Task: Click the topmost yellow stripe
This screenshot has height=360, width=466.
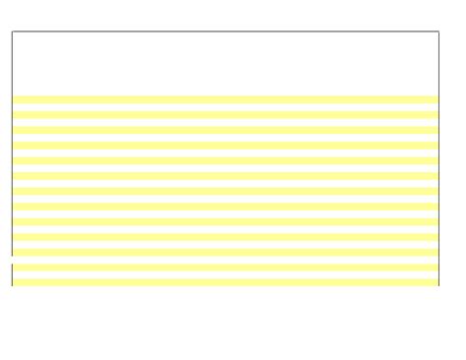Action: pyautogui.click(x=225, y=99)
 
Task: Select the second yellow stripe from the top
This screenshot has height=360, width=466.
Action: pyautogui.click(x=225, y=115)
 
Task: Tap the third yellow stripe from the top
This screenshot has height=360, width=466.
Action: pyautogui.click(x=225, y=130)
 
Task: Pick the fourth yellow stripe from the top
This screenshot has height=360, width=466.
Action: pyautogui.click(x=225, y=146)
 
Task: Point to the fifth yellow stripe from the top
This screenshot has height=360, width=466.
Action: pyautogui.click(x=225, y=160)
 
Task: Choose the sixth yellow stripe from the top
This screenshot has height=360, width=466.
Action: pyautogui.click(x=225, y=176)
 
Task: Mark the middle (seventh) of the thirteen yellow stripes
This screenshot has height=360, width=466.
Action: pyautogui.click(x=225, y=191)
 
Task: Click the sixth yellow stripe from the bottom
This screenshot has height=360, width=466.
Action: pyautogui.click(x=225, y=207)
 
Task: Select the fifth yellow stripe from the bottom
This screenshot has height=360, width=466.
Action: pyautogui.click(x=225, y=221)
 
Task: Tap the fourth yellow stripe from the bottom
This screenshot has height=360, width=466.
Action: pyautogui.click(x=225, y=237)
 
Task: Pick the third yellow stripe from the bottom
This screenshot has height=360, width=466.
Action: pyautogui.click(x=225, y=252)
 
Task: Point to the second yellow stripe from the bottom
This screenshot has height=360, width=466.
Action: pyautogui.click(x=225, y=268)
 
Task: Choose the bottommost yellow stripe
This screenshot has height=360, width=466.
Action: pyautogui.click(x=225, y=282)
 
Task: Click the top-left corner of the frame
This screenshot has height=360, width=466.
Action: pyautogui.click(x=12, y=31)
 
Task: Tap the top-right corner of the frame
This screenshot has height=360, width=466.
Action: pyautogui.click(x=438, y=31)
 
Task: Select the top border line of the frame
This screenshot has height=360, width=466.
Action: pyautogui.click(x=225, y=31)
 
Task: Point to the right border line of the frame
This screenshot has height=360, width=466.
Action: pyautogui.click(x=438, y=157)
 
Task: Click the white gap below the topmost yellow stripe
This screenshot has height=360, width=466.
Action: pyautogui.click(x=225, y=107)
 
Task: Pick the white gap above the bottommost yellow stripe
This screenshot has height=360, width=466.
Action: pyautogui.click(x=225, y=275)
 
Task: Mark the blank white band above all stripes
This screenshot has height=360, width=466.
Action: pyautogui.click(x=225, y=64)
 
